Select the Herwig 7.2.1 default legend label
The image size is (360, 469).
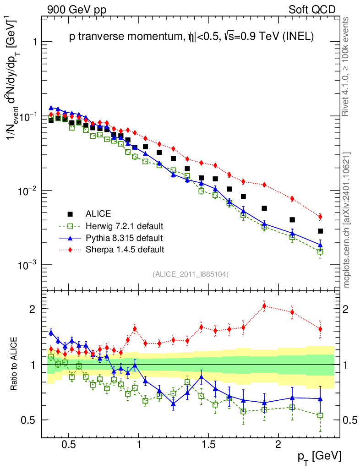point(124,226)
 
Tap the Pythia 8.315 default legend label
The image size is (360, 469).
point(124,238)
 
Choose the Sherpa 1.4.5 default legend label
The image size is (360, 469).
point(125,250)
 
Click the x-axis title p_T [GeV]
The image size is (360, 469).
point(319,456)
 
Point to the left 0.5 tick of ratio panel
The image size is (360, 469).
point(30,420)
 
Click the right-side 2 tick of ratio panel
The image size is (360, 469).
point(346,309)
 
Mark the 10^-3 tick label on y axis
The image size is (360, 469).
point(25,265)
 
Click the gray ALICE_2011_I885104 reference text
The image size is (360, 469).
point(191,274)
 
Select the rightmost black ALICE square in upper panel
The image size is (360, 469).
point(320,231)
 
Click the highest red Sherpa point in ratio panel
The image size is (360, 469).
point(264,306)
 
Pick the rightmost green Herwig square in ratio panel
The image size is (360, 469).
point(320,415)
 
